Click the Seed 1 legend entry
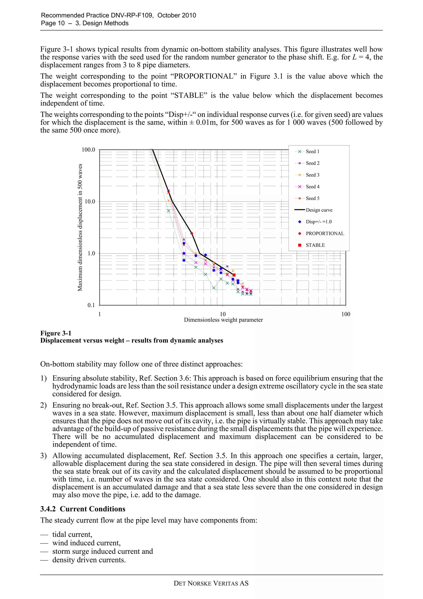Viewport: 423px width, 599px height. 312,152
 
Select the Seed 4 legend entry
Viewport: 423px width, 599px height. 312,187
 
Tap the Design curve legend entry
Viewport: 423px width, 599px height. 319,210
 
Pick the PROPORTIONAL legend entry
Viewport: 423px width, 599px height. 324,234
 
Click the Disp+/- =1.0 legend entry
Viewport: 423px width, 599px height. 318,222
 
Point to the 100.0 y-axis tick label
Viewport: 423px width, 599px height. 88,150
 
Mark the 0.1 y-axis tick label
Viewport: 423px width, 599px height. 91,305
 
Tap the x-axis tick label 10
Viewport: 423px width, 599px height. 223,314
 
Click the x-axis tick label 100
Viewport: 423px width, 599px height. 346,314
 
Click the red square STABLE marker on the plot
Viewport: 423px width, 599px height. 234,275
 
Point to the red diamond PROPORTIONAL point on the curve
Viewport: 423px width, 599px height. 192,234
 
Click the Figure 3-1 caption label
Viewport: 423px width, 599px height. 56,333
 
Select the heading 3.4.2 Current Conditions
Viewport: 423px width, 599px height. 83,509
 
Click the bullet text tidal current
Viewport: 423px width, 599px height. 72,535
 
